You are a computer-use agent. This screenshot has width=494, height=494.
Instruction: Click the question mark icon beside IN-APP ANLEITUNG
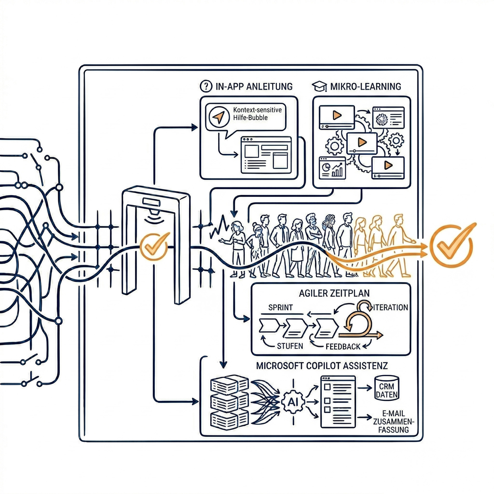(206, 86)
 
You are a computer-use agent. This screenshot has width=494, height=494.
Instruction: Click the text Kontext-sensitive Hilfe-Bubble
(257, 114)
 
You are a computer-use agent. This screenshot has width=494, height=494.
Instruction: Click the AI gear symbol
(293, 402)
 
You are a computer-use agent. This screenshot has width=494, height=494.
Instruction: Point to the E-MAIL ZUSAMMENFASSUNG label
(393, 421)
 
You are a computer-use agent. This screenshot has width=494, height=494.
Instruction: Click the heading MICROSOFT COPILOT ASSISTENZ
(322, 366)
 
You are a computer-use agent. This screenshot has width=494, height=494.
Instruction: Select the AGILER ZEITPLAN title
(334, 293)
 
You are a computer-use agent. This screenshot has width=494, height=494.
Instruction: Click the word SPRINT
(281, 307)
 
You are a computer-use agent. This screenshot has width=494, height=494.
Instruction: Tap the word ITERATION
(391, 307)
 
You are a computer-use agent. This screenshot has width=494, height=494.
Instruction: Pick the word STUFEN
(290, 346)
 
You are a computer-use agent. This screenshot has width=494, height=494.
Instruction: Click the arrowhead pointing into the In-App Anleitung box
(195, 127)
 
